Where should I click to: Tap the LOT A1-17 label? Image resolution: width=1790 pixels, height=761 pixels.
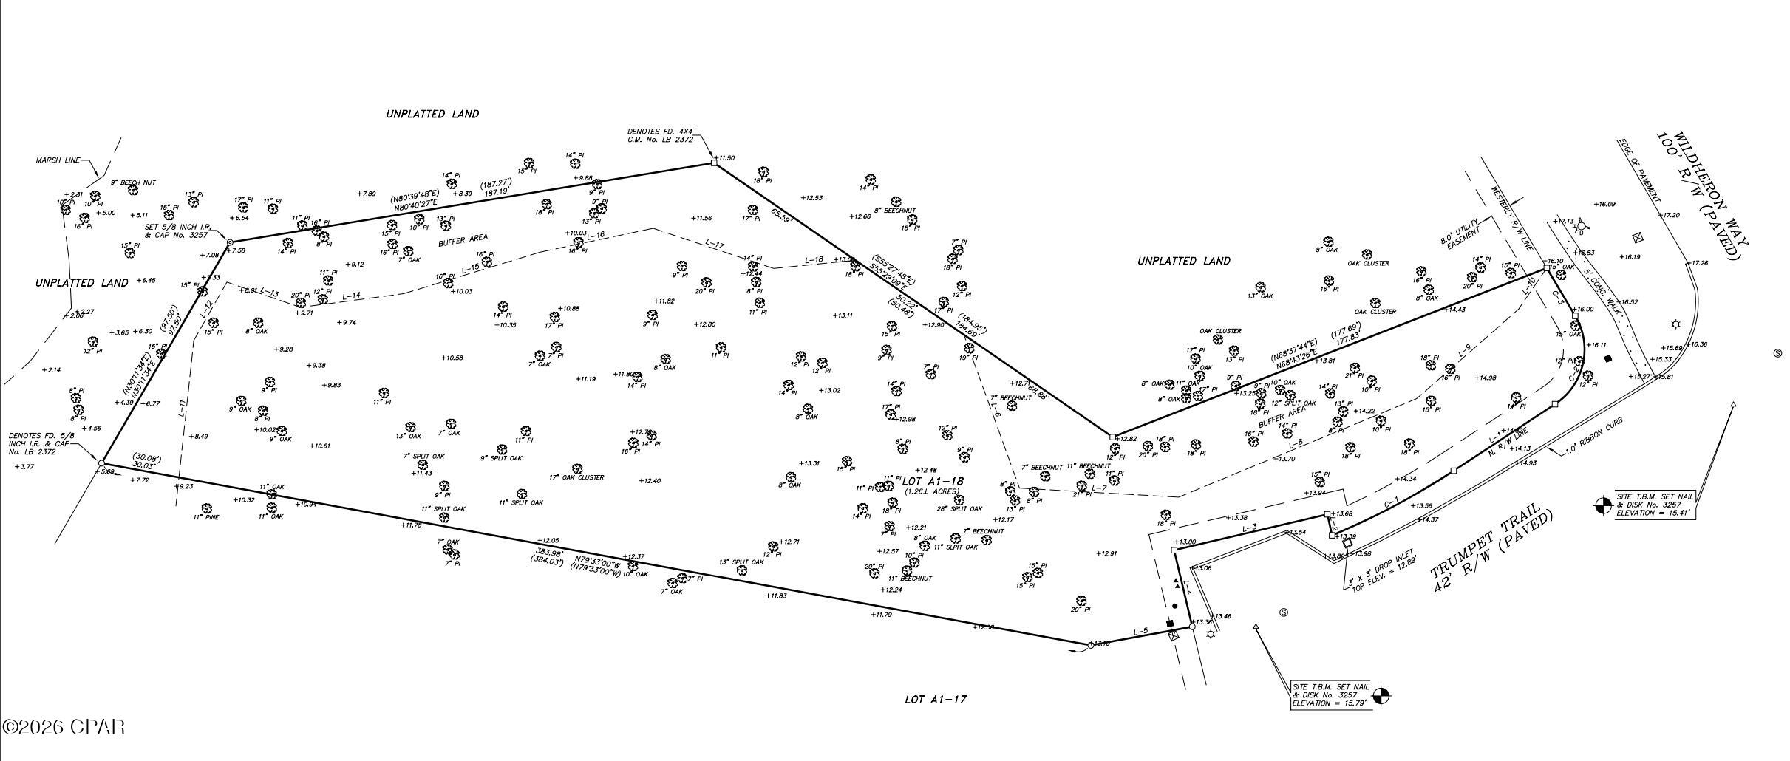click(935, 699)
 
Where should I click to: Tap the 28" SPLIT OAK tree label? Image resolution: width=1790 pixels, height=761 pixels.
click(959, 508)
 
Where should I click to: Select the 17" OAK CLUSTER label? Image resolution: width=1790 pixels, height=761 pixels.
click(576, 477)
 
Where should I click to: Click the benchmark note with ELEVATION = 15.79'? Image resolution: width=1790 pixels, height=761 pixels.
click(1330, 695)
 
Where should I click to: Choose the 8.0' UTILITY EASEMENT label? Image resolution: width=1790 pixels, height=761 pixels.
click(1460, 236)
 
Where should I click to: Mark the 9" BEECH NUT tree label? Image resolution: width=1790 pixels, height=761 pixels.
click(133, 182)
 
